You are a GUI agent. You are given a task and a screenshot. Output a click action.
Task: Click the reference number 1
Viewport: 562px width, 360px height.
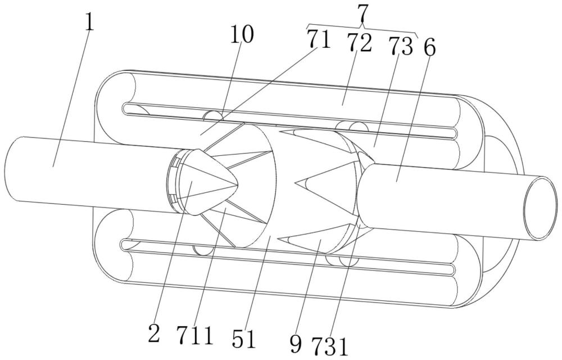tap(89, 23)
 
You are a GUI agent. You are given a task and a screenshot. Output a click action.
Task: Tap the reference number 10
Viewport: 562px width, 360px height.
tap(242, 35)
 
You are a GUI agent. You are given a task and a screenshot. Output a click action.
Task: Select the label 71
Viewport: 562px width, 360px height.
tap(318, 40)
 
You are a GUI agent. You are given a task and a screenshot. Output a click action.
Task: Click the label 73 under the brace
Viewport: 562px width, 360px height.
tap(401, 47)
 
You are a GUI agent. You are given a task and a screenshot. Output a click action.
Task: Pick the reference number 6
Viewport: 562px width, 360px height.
tap(429, 48)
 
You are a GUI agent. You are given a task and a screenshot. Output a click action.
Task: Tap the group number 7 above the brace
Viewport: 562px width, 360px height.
tap(362, 13)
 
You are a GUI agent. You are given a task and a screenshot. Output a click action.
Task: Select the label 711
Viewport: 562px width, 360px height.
tap(195, 336)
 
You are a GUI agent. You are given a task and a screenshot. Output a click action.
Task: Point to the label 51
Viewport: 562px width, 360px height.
tap(244, 339)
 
